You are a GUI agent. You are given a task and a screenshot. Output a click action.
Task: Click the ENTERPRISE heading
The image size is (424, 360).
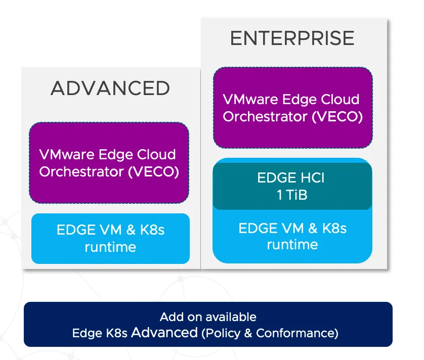pos(292,38)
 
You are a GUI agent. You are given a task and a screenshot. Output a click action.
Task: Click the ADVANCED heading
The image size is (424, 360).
pos(110,88)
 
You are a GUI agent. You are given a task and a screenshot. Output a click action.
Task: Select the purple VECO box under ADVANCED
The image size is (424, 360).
pos(109,163)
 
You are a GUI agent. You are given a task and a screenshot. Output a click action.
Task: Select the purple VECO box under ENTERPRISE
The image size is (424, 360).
pos(293,108)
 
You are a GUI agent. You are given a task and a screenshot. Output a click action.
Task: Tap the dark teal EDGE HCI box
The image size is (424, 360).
pos(292,186)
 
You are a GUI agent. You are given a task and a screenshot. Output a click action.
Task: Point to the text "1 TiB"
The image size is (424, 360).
pos(292,195)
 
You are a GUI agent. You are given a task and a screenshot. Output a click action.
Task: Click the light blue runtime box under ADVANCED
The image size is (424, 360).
pos(110,239)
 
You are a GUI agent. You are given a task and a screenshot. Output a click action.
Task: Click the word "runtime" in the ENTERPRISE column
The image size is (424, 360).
pos(292,245)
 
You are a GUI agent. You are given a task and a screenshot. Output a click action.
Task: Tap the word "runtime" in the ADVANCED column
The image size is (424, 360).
pos(110,247)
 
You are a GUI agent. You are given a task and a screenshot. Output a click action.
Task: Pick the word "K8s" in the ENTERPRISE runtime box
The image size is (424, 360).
pos(334,228)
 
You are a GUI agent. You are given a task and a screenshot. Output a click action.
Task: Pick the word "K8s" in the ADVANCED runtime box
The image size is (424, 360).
pos(152,230)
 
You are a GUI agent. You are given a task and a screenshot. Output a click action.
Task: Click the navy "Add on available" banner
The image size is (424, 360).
pos(208,324)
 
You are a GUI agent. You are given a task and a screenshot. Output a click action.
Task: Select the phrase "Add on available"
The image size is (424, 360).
pos(208,317)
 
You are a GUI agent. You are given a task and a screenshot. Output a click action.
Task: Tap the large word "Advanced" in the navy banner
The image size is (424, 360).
pos(164,332)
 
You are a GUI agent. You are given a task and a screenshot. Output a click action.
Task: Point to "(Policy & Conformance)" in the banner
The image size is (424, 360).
pos(270,333)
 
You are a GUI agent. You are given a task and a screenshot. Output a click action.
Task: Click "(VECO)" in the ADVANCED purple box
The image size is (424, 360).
pos(153,171)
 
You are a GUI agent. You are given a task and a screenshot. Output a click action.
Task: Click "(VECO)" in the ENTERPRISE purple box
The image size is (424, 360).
pos(337,116)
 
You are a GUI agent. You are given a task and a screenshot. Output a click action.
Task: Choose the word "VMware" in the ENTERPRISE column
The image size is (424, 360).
pos(250,99)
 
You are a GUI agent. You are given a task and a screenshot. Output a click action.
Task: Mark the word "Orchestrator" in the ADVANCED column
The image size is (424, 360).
pos(81,171)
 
